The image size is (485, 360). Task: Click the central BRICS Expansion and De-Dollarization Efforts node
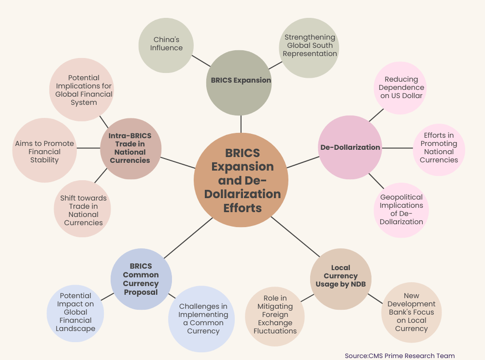pos(241,180)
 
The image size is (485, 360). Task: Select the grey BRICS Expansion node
pos(241,81)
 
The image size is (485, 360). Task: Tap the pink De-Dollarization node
pos(350,147)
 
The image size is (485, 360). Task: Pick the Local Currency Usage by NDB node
pos(341,276)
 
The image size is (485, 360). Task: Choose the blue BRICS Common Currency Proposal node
pos(141,279)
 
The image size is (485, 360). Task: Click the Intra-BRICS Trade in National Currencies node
pos(130,148)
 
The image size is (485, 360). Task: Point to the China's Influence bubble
pos(166,44)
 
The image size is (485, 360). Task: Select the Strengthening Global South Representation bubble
pos(310,46)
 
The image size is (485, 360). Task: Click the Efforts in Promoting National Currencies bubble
pos(439,147)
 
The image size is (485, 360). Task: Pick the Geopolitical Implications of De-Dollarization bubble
pos(401,209)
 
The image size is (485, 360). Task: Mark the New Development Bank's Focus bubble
pos(411,312)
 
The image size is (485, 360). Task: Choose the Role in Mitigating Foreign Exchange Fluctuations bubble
pos(275,315)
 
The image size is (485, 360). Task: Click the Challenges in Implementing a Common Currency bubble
pos(203,318)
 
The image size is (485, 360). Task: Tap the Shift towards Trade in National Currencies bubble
pos(83,210)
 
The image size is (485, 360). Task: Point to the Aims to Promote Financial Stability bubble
pos(44,151)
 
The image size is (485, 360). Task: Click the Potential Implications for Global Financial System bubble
pos(84,90)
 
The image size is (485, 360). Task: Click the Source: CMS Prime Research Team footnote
pos(399,356)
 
